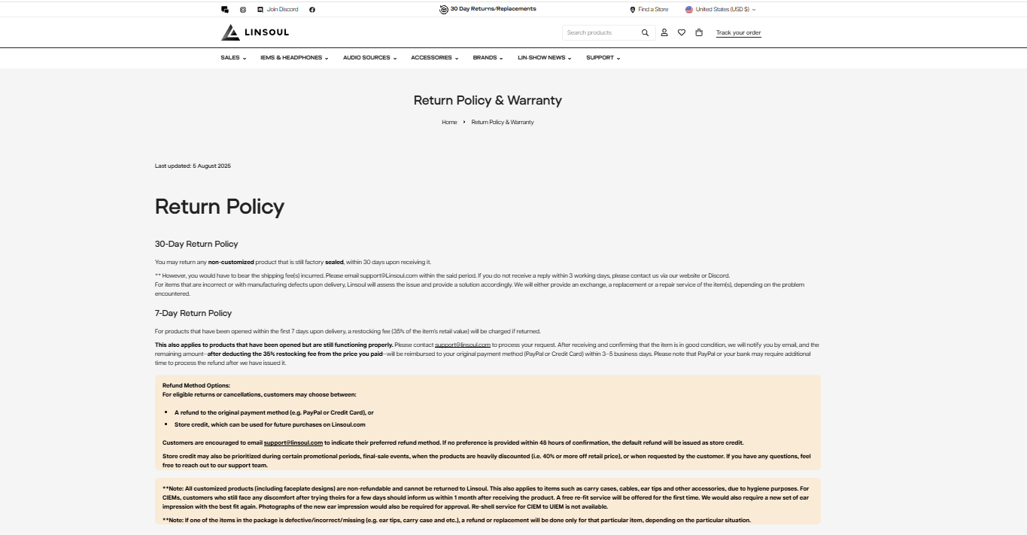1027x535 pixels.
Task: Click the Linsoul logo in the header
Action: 255,32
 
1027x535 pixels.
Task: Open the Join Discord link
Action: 282,10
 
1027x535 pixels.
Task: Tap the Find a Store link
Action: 652,10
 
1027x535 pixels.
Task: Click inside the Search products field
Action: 600,32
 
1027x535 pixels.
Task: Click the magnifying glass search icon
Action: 645,32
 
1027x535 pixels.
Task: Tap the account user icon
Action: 664,32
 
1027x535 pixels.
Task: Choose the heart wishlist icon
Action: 682,32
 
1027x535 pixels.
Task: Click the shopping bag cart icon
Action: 699,32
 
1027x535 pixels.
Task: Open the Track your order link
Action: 738,32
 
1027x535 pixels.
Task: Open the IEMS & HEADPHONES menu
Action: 293,58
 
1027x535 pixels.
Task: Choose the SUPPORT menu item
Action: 603,58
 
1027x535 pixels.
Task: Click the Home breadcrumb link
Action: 449,122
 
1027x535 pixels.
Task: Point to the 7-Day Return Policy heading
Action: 193,313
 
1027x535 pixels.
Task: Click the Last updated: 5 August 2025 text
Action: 193,166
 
